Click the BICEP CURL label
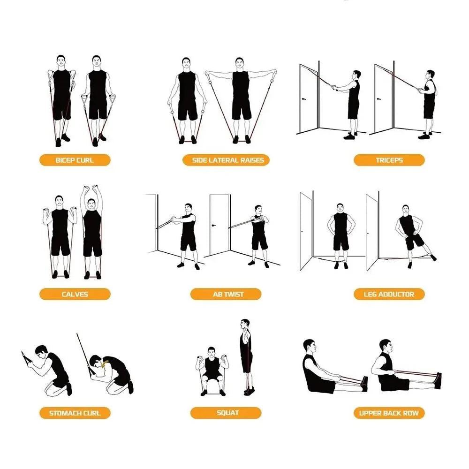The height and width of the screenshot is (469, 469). [74, 160]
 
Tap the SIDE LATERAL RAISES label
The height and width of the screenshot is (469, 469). [228, 160]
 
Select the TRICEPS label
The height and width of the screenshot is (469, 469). [389, 160]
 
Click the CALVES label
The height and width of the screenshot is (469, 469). [75, 295]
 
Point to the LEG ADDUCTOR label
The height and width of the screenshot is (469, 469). [389, 295]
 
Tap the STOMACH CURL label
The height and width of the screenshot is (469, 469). [75, 413]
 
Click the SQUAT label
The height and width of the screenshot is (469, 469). [227, 413]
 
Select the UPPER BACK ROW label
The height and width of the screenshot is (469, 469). [389, 413]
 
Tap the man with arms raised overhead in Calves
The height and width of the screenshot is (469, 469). [92, 232]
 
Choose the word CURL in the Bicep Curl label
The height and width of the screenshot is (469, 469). [84, 160]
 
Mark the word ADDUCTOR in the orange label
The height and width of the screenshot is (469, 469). [396, 295]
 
